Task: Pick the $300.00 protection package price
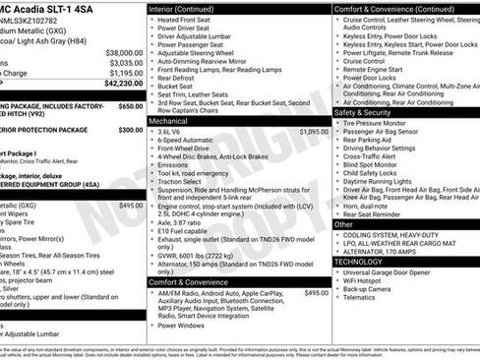pyautogui.click(x=130, y=129)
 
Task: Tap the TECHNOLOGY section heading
pyautogui.click(x=359, y=262)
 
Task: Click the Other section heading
pyautogui.click(x=343, y=224)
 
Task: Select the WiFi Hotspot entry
pyautogui.click(x=368, y=283)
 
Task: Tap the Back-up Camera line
pyautogui.click(x=373, y=293)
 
